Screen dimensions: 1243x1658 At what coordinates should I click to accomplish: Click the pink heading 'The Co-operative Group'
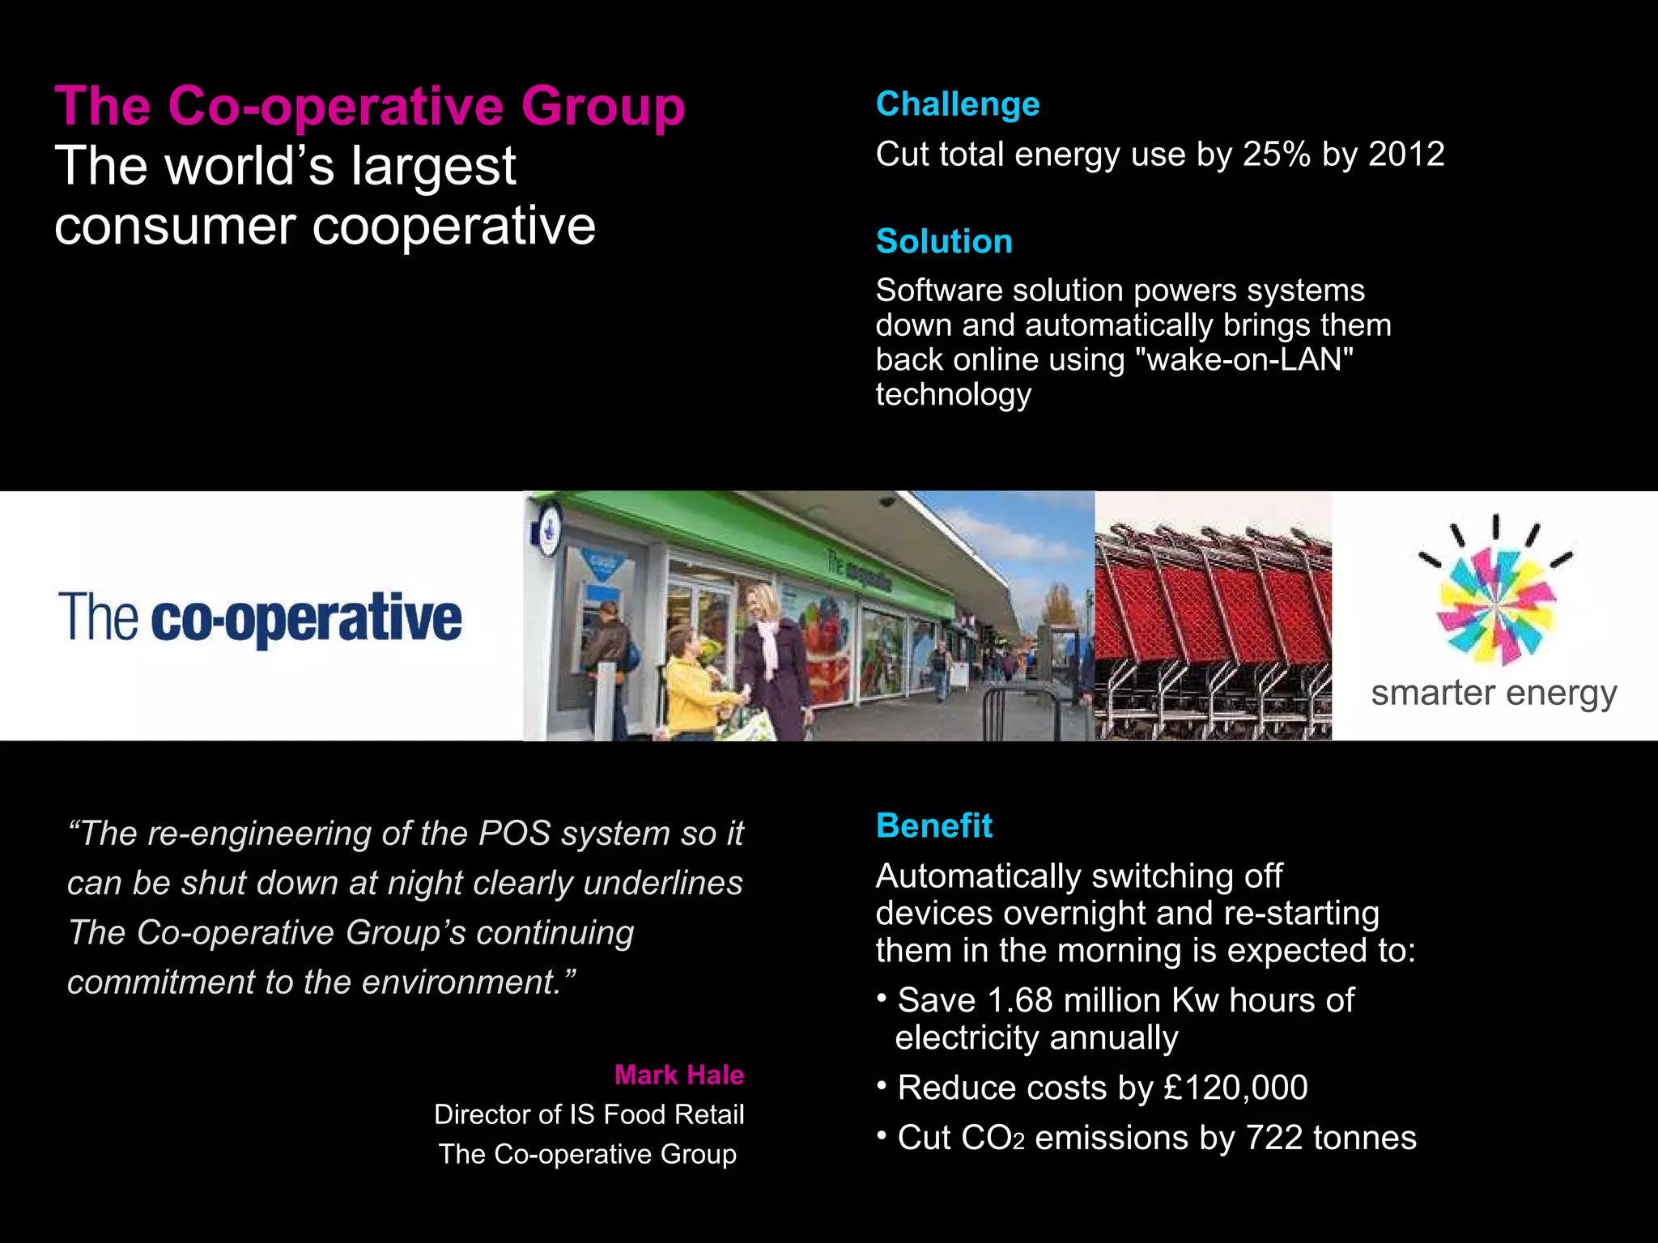pos(369,106)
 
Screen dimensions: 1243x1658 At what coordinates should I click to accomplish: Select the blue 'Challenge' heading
pos(958,104)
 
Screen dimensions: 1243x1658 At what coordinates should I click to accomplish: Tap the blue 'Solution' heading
pos(944,241)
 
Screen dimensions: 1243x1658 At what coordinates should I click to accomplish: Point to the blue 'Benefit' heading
pos(933,825)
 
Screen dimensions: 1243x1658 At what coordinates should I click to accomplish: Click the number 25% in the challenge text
pos(1276,154)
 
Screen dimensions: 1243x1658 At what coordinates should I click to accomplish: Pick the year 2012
pos(1406,154)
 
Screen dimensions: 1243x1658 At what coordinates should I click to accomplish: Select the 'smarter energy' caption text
pos(1494,693)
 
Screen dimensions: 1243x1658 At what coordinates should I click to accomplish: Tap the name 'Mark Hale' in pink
pos(678,1075)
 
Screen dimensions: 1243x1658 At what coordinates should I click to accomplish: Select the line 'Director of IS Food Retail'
pos(589,1114)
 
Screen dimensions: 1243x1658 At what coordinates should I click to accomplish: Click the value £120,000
pos(1235,1088)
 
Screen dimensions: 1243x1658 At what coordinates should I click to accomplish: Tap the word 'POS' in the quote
pos(514,834)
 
